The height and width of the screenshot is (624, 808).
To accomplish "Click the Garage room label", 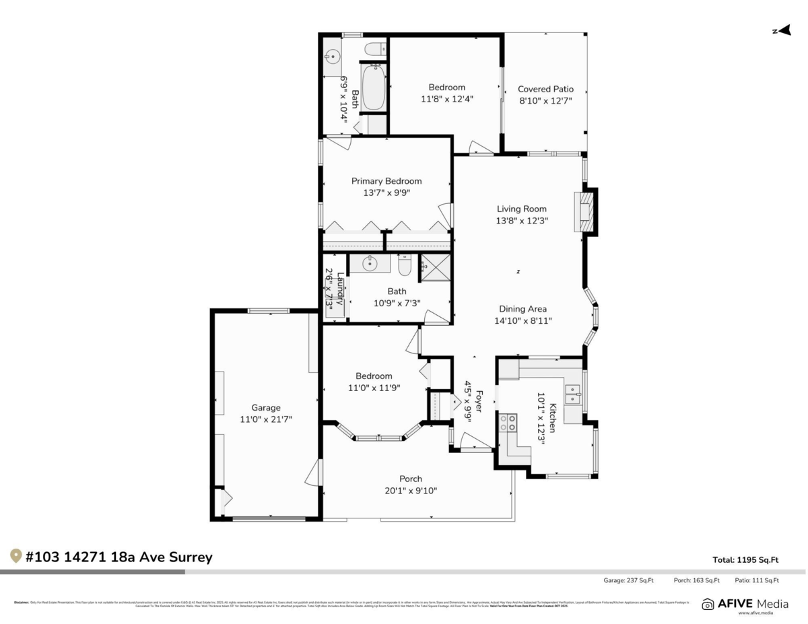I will [266, 407].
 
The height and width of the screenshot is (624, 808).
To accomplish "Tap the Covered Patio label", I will [545, 89].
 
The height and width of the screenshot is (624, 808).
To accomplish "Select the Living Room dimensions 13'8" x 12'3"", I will [522, 221].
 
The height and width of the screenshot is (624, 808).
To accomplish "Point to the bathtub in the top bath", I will [374, 88].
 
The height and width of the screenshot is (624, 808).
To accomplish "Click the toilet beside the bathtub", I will [374, 48].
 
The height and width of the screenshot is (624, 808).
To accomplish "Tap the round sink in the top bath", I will [332, 57].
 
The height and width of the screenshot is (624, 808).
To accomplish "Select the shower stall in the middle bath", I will [436, 268].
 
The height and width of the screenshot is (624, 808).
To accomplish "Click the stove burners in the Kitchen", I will [508, 423].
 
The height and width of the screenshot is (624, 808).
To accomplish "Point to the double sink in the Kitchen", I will [573, 394].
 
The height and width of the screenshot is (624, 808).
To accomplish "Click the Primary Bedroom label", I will [386, 180].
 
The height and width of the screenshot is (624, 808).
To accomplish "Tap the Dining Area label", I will [523, 309].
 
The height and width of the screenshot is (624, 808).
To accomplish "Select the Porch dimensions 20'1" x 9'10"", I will [410, 491].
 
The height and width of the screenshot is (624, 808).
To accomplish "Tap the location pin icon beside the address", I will [15, 556].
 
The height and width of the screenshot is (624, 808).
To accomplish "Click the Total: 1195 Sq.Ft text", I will [745, 559].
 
